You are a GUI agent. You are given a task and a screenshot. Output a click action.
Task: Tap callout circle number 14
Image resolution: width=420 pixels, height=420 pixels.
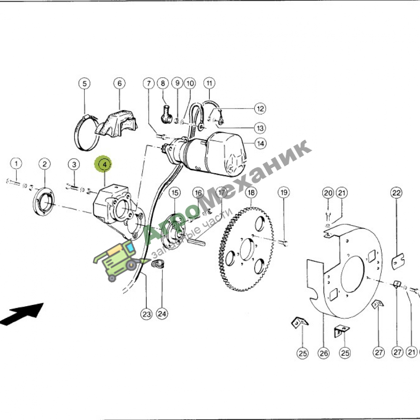260,144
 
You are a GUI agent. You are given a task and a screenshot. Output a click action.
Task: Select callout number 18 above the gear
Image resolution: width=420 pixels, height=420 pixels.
251,192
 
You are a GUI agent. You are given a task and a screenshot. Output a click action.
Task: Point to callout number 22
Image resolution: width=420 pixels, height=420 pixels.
396,193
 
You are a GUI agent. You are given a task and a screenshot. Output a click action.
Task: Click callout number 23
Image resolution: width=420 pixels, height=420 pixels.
147,314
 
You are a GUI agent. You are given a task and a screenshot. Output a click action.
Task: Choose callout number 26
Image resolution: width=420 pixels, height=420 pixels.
323,353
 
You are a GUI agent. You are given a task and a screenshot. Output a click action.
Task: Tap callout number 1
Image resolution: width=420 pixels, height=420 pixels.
16,163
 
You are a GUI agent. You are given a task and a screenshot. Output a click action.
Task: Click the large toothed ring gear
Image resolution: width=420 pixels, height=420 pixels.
247,249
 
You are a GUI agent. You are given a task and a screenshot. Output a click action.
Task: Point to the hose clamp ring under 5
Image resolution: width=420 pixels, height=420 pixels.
86,133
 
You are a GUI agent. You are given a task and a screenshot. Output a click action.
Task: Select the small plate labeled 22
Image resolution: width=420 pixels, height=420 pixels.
398,262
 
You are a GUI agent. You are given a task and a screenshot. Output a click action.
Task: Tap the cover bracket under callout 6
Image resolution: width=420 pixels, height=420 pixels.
117,123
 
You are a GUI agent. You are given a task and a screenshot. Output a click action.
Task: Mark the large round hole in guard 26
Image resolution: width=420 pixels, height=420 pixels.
352,274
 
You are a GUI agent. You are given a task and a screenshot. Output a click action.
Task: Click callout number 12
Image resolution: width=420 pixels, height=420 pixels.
260,109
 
